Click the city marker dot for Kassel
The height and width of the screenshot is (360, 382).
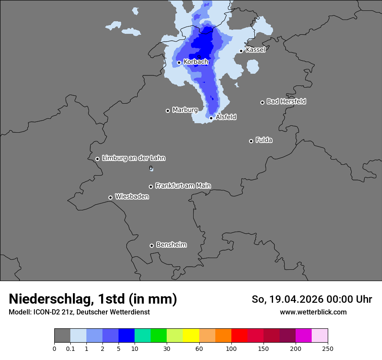pyautogui.click(x=241, y=51)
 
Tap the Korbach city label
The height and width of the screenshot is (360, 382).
pyautogui.click(x=196, y=62)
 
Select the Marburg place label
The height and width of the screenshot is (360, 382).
pyautogui.click(x=185, y=110)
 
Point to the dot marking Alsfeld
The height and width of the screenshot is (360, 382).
pyautogui.click(x=211, y=118)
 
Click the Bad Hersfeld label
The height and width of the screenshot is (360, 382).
pyautogui.click(x=286, y=101)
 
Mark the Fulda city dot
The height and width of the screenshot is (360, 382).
pyautogui.click(x=251, y=141)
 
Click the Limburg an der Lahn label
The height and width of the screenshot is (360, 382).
pyautogui.click(x=133, y=158)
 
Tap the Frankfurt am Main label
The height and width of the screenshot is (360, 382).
pyautogui.click(x=183, y=186)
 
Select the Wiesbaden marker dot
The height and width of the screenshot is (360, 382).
pyautogui.click(x=110, y=197)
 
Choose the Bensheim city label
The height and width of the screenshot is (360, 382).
pyautogui.click(x=171, y=245)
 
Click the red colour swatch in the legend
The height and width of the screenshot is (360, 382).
pyautogui.click(x=239, y=336)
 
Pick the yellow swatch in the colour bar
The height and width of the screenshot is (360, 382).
pyautogui.click(x=191, y=336)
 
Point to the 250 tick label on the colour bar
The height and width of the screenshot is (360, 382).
pyautogui.click(x=328, y=348)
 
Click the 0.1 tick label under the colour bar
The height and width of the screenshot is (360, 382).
pyautogui.click(x=70, y=348)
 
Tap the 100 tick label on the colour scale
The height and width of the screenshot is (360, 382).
pyautogui.click(x=231, y=348)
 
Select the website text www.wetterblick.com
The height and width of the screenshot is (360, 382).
pyautogui.click(x=313, y=312)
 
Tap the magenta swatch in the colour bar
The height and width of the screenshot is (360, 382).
pyautogui.click(x=303, y=336)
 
